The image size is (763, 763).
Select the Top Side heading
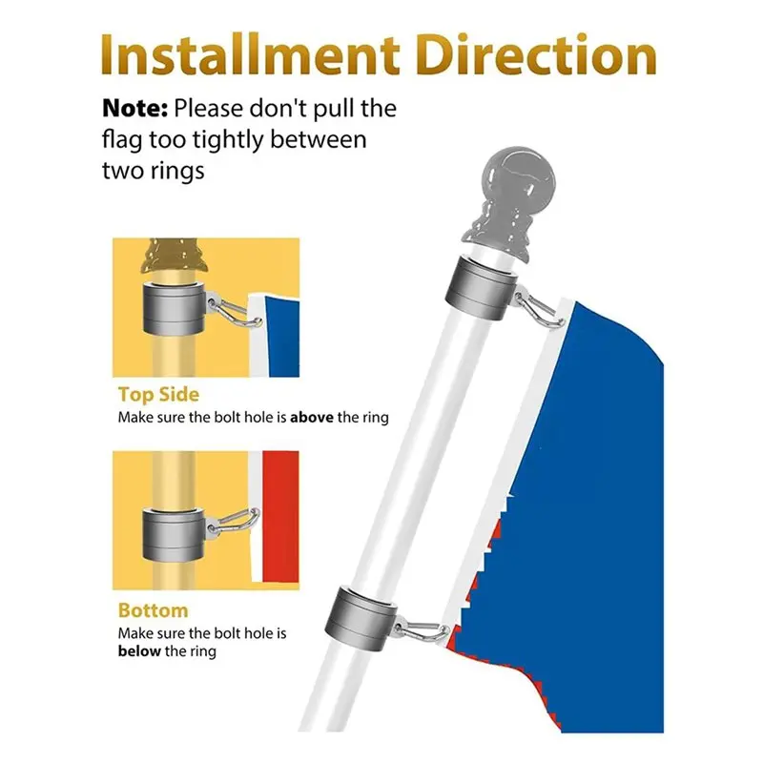click(x=158, y=394)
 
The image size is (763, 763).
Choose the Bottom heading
click(x=153, y=610)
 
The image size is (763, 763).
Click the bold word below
click(x=139, y=651)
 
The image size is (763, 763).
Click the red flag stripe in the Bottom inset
click(x=280, y=520)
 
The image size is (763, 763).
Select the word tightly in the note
click(x=224, y=140)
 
